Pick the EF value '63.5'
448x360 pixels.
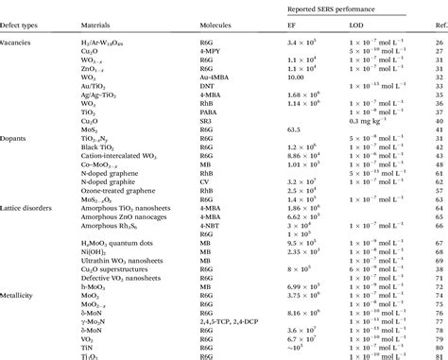click(293, 129)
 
